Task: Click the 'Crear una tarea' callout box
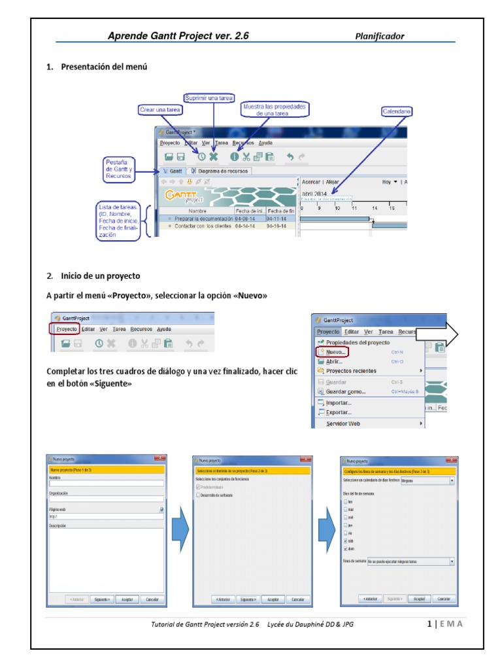(159, 110)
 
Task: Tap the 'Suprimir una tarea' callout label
(209, 98)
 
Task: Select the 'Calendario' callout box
(397, 112)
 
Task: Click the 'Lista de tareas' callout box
(118, 220)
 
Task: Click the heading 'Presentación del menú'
(104, 67)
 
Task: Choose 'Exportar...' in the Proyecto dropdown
(339, 413)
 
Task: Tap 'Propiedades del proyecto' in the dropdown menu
(358, 342)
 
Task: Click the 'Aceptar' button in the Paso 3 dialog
(416, 599)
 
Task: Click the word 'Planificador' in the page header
(380, 36)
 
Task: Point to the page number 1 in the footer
(428, 624)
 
